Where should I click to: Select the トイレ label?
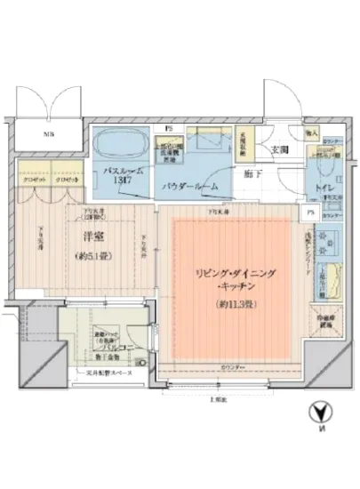(321, 188)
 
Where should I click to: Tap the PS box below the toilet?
(308, 214)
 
